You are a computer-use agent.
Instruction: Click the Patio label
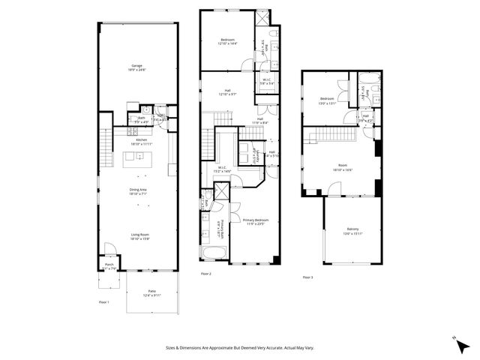pyautogui.click(x=151, y=292)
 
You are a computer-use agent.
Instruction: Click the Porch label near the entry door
pyautogui.click(x=109, y=265)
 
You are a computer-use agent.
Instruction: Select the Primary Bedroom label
pyautogui.click(x=256, y=220)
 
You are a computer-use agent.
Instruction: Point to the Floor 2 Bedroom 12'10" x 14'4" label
pyautogui.click(x=227, y=40)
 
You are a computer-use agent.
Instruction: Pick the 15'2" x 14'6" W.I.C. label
pyautogui.click(x=222, y=168)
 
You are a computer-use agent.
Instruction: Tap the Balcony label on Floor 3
pyautogui.click(x=352, y=229)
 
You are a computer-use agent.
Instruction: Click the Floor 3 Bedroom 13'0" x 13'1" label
pyautogui.click(x=328, y=100)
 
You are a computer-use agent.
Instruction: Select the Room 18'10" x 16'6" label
pyautogui.click(x=342, y=166)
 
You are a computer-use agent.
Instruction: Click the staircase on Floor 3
pyautogui.click(x=333, y=135)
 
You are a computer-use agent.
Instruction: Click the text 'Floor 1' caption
pyautogui.click(x=104, y=301)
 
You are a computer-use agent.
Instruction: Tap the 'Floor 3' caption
pyautogui.click(x=307, y=277)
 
